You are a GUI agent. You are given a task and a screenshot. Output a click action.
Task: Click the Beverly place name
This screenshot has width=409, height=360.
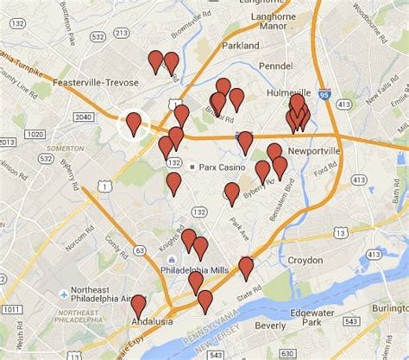[x=271, y=325]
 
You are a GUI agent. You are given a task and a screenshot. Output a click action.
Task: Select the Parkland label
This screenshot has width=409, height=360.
[x=239, y=45]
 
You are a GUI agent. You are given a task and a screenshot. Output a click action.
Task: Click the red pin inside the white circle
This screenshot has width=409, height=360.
[x=134, y=124]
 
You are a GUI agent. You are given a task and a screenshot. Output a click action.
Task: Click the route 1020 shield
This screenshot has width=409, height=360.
[x=35, y=134]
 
